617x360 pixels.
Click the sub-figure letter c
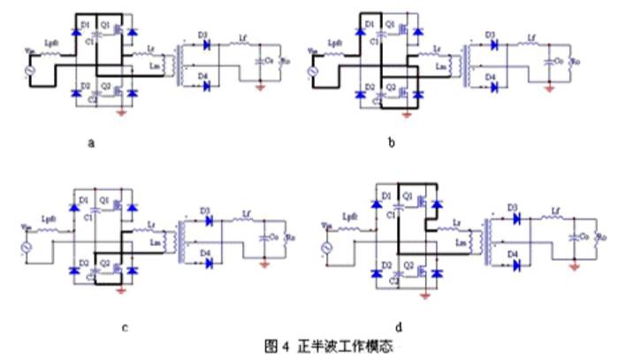[x=124, y=326]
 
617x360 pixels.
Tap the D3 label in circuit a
[x=202, y=34]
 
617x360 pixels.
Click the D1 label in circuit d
[x=385, y=194]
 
